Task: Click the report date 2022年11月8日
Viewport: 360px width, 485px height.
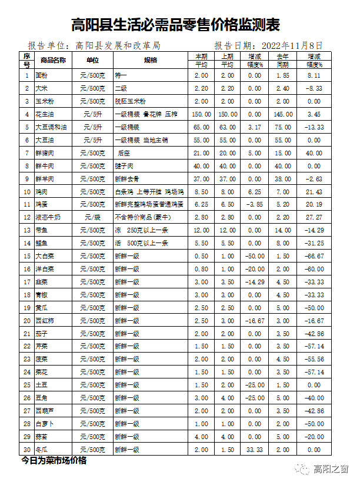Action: click(x=291, y=45)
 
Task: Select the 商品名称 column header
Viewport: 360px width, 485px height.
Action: click(x=53, y=60)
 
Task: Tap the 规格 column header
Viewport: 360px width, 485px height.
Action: click(x=151, y=60)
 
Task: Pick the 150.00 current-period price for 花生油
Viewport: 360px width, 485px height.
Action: click(x=201, y=114)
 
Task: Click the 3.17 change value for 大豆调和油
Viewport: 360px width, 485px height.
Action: click(x=254, y=127)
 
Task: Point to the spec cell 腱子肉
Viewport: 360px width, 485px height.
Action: click(x=125, y=166)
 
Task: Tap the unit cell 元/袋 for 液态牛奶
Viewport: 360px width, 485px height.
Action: click(x=92, y=218)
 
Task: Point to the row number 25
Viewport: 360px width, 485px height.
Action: click(x=26, y=385)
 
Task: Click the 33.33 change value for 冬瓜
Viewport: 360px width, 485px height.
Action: click(x=254, y=450)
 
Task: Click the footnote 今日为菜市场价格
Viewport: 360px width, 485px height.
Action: click(x=54, y=461)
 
